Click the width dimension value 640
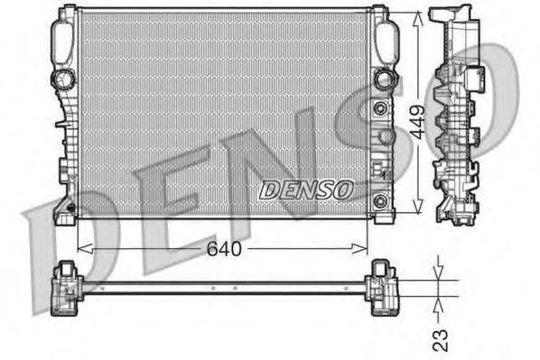[225, 248]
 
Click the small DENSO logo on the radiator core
[305, 189]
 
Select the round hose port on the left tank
[64, 79]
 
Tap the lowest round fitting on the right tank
[380, 199]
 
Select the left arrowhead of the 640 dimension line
[82, 248]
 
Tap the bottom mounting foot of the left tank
[65, 213]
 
